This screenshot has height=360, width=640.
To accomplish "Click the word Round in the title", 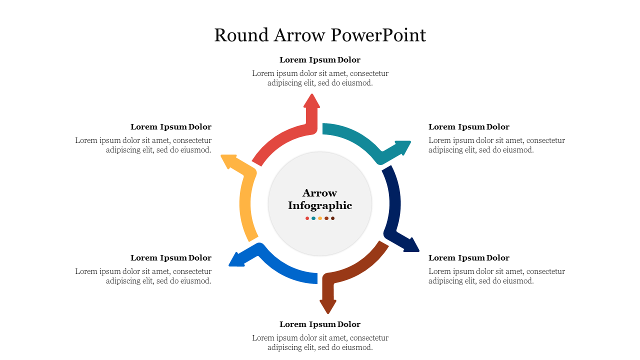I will tap(241, 35).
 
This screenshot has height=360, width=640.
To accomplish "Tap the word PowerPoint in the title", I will tap(378, 35).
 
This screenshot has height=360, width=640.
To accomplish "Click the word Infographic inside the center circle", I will tap(320, 205).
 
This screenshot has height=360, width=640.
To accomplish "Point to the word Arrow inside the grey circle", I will tap(320, 193).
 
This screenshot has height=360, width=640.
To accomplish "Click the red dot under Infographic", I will tap(307, 218).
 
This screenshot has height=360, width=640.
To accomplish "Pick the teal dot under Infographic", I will tap(313, 218).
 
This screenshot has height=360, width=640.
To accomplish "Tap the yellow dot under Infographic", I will tap(320, 218).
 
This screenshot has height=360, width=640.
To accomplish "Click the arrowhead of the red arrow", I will tap(311, 100).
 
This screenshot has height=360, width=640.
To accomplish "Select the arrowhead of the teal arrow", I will tap(402, 147).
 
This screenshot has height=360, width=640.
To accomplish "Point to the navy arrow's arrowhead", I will tap(411, 245).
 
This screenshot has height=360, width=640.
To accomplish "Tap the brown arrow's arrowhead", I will tap(327, 306).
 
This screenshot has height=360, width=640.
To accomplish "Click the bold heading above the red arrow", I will tap(320, 60).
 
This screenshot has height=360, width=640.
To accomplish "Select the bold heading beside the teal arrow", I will tap(469, 127).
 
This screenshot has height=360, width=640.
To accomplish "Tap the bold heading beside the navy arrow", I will tap(469, 258).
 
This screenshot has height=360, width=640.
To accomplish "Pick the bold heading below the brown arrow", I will tap(320, 324).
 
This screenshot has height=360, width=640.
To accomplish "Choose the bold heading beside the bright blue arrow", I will tap(171, 258).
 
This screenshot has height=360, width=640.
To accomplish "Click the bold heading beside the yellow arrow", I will tap(171, 127).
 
